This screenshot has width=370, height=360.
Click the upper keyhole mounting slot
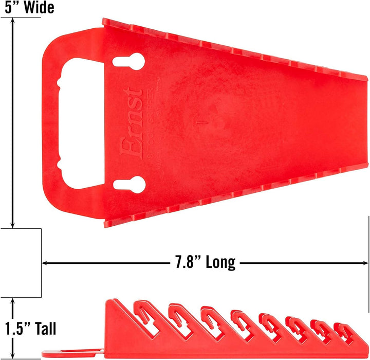(x=124, y=61)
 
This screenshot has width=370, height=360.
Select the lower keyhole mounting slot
(x=124, y=185)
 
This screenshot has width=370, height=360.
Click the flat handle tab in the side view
(x=72, y=354)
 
